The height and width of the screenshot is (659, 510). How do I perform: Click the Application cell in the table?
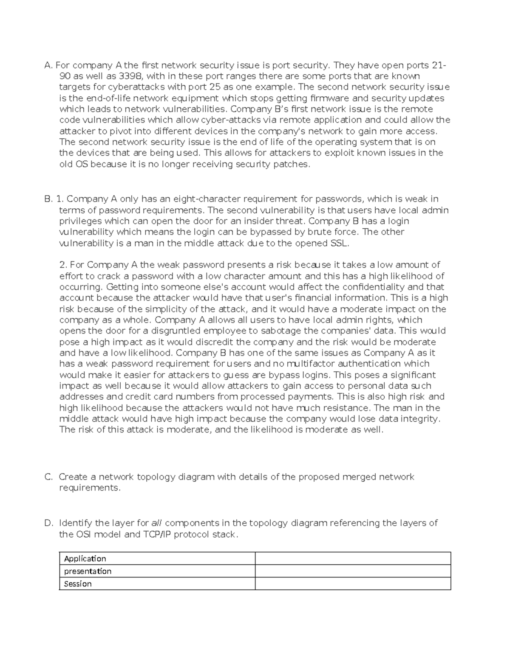85,559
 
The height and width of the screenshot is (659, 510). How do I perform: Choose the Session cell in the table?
78,584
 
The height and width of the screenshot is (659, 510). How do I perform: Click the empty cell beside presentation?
352,571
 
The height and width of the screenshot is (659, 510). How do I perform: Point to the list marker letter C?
48,477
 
